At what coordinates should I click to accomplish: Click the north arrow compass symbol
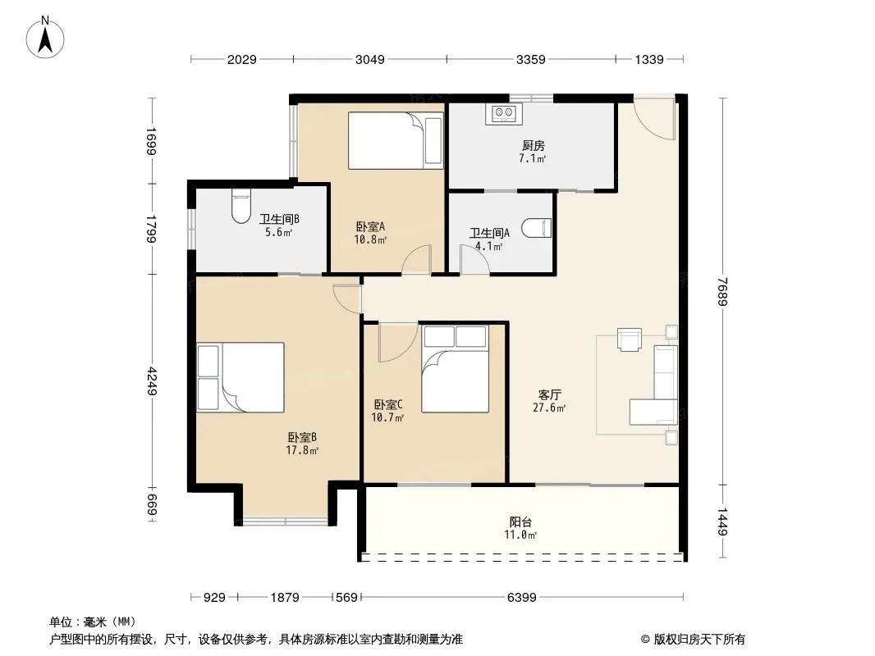click(x=45, y=38)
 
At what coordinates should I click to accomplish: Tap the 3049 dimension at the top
click(x=370, y=59)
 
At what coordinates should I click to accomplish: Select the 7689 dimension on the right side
click(x=722, y=291)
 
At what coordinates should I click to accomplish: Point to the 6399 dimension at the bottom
click(x=522, y=598)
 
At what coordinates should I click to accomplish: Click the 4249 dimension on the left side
click(x=152, y=381)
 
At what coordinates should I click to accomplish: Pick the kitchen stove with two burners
click(x=504, y=114)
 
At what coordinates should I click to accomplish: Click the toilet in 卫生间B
click(x=241, y=205)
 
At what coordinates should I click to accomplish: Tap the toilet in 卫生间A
click(x=537, y=228)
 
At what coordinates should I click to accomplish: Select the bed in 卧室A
click(x=396, y=140)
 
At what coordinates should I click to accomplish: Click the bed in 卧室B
click(x=241, y=377)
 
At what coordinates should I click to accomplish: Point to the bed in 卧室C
click(x=455, y=369)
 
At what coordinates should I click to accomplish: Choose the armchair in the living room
click(x=630, y=339)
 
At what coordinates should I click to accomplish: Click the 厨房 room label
click(x=533, y=145)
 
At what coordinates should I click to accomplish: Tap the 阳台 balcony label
click(x=520, y=522)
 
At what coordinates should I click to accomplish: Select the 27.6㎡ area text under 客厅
click(x=549, y=408)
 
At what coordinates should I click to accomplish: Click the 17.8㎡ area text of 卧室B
click(x=302, y=450)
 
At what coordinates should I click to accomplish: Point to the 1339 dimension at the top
click(x=649, y=59)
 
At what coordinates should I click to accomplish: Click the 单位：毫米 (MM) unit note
click(x=93, y=622)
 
